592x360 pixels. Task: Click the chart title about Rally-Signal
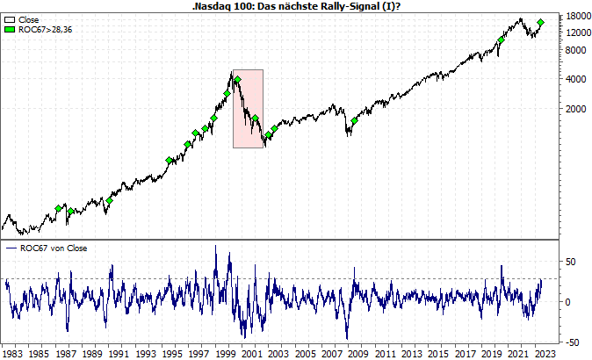tap(295, 5)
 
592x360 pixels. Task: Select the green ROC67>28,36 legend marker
tap(10, 29)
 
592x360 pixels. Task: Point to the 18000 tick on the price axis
tap(577, 17)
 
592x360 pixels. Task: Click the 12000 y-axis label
tap(577, 32)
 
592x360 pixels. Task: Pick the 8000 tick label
tap(574, 49)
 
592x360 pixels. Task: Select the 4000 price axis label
tap(574, 79)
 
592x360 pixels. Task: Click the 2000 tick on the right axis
tap(574, 109)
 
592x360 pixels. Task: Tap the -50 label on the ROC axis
tap(572, 342)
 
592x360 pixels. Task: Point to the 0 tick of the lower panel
tap(568, 302)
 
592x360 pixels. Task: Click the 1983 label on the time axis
tap(12, 353)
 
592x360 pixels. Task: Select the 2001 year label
tap(252, 353)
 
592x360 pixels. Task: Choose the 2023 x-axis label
tap(545, 353)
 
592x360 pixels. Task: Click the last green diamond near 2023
tap(541, 23)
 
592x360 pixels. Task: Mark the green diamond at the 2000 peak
tap(237, 80)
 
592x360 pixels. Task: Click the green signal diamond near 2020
tap(501, 40)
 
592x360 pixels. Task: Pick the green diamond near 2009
tap(354, 121)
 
